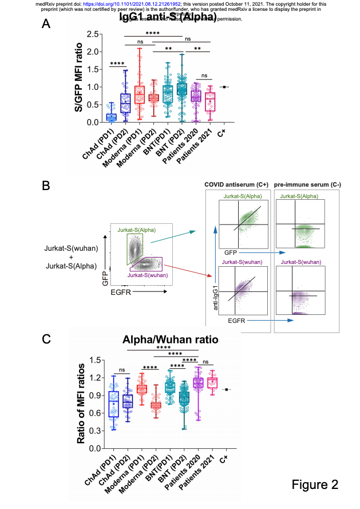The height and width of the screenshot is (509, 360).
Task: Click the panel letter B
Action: click(x=48, y=186)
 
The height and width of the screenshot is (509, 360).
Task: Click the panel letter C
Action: click(x=48, y=338)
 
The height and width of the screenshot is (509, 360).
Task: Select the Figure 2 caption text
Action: click(x=315, y=484)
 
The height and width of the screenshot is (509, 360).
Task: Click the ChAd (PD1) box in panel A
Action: click(x=111, y=117)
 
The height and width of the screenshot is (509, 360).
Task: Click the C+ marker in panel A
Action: click(x=225, y=87)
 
